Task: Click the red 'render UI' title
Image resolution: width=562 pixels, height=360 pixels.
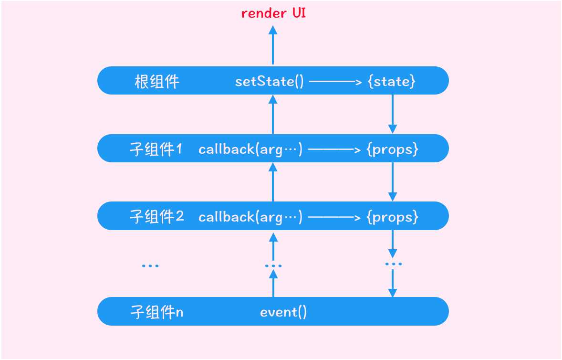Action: tap(273, 13)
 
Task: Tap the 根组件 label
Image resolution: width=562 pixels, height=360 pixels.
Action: tap(157, 82)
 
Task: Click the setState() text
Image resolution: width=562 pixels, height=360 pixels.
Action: tap(269, 82)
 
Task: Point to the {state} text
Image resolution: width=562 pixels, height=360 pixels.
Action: tap(392, 82)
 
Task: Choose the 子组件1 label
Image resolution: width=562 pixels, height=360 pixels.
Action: tap(156, 149)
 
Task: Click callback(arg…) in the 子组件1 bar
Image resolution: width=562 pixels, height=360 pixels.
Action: tap(250, 149)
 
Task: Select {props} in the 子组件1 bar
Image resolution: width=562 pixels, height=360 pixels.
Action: tap(392, 149)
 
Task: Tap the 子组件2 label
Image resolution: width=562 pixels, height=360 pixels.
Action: tap(157, 217)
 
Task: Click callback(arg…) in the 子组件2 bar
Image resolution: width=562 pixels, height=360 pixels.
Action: tap(250, 217)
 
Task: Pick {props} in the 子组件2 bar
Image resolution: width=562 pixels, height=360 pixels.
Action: tap(392, 217)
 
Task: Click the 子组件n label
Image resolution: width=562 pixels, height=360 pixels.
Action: tap(157, 312)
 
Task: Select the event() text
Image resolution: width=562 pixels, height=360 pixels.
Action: tap(283, 312)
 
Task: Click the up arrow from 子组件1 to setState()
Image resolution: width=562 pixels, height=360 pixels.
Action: tap(273, 114)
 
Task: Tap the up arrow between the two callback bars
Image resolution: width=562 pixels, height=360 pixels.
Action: tap(273, 182)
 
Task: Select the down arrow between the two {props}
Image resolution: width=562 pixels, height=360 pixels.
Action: tap(392, 181)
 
